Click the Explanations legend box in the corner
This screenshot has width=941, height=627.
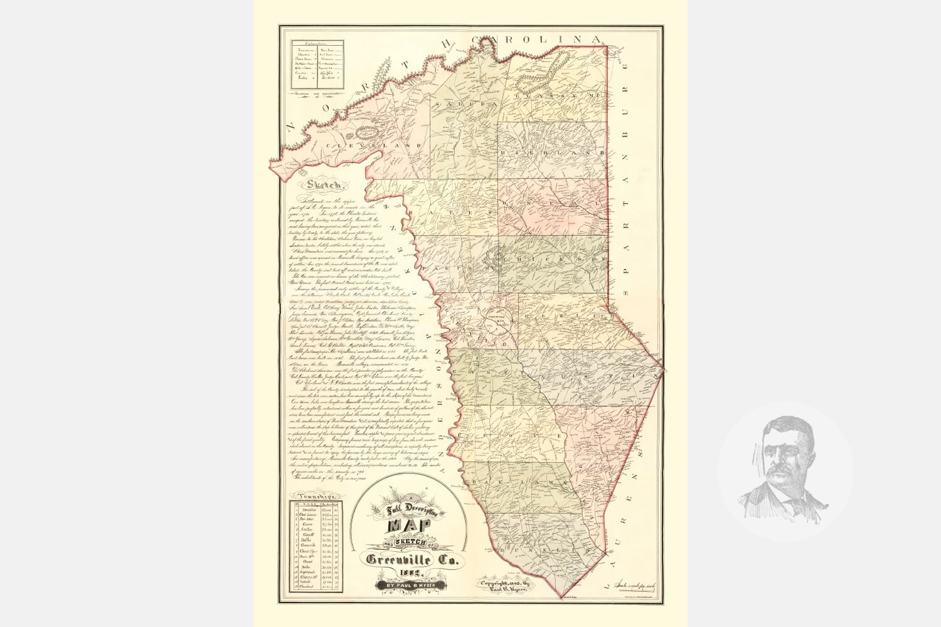coord(319,65)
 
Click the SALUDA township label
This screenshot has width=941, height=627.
coord(461,103)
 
